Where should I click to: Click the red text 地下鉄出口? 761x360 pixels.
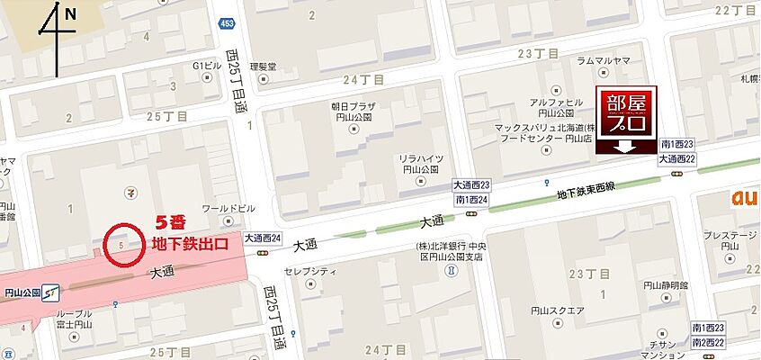(189, 243)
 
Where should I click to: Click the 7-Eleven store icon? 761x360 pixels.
(132, 192)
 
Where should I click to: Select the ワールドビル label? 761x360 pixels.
(223, 208)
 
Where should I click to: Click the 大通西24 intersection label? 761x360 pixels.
(263, 238)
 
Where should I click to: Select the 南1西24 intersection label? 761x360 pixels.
(471, 199)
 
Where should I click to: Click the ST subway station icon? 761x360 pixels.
(50, 292)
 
